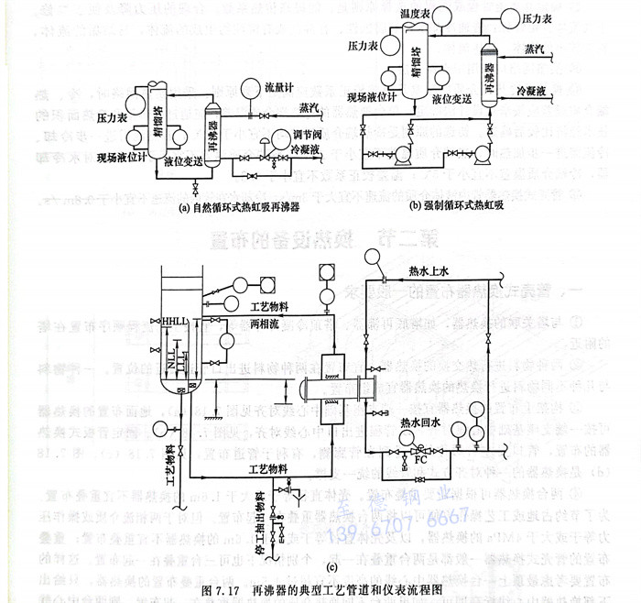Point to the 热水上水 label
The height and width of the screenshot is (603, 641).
429,271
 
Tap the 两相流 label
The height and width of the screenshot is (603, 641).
266,324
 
